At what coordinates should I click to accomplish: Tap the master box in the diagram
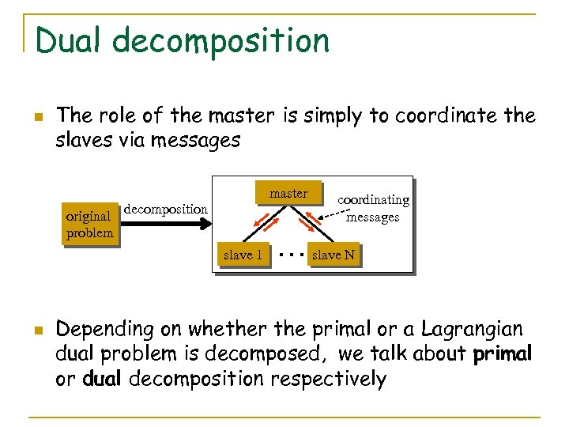pos(288,194)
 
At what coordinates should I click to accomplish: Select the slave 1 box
pos(243,255)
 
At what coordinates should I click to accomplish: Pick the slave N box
pos(333,255)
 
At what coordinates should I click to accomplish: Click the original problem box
pos(89,224)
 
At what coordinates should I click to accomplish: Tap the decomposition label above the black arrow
pos(166,209)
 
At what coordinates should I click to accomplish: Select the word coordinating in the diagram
pos(373,201)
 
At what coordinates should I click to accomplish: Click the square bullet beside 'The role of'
pos(38,118)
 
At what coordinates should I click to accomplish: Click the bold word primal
pos(502,353)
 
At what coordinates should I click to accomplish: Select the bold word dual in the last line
pos(100,379)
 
